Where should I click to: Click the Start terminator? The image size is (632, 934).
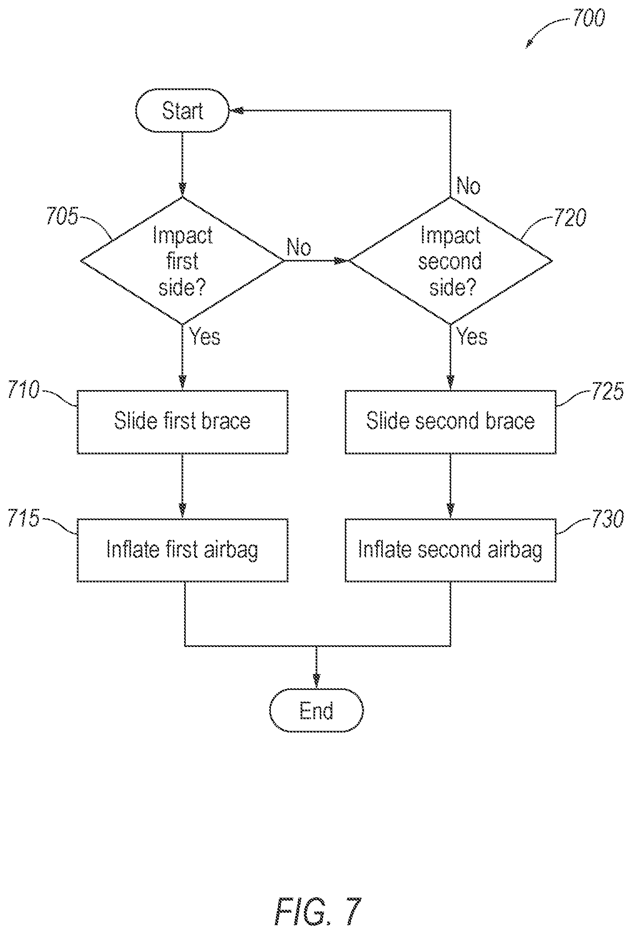pos(182,111)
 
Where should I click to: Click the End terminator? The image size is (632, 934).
pos(316,710)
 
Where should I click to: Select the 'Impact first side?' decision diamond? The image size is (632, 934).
pos(182,261)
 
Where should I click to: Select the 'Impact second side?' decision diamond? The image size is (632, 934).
pos(450,261)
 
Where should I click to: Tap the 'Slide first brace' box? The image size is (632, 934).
pos(182,422)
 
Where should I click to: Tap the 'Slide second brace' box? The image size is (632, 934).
pos(450,422)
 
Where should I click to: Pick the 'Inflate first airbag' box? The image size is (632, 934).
pos(182,550)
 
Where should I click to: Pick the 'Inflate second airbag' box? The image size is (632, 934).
pos(450,550)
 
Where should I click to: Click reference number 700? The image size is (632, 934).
pos(588,19)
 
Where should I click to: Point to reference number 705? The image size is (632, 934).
pos(62,217)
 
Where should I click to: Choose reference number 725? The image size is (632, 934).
pos(607,391)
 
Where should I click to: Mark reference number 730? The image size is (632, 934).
pos(607,519)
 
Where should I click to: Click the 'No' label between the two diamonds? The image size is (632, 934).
pos(299,247)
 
